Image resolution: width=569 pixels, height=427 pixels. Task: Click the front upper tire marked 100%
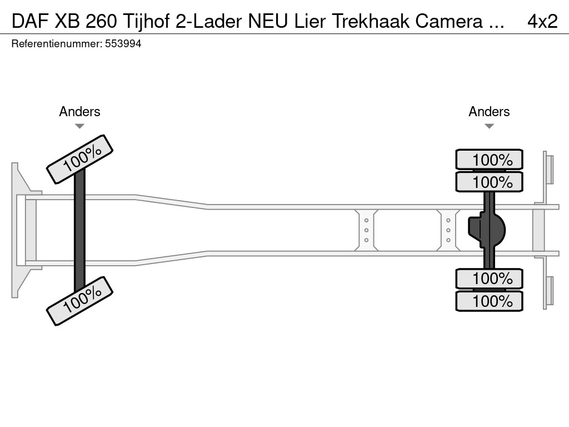click(x=79, y=159)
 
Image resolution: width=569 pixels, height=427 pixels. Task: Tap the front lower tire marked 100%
click(x=79, y=300)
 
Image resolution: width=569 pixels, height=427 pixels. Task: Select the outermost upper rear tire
click(x=489, y=160)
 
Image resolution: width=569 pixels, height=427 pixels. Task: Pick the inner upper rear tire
click(x=489, y=182)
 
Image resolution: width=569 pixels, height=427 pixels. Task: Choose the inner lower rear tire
click(x=489, y=278)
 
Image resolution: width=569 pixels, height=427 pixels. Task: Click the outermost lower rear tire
click(x=489, y=301)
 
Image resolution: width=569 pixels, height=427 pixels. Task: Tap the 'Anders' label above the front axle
click(x=79, y=112)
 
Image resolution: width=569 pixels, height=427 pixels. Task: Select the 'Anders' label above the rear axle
click(x=489, y=112)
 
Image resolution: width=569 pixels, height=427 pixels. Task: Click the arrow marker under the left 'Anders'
click(x=79, y=126)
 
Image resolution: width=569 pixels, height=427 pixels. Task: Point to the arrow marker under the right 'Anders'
click(x=489, y=126)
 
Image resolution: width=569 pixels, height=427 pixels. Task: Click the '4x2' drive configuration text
click(x=542, y=21)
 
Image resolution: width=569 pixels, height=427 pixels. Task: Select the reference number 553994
click(x=123, y=44)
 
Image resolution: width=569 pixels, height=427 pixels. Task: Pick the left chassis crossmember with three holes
click(x=366, y=230)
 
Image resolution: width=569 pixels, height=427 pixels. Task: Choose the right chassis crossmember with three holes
click(x=448, y=230)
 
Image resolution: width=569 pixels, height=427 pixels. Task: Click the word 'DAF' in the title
click(x=29, y=21)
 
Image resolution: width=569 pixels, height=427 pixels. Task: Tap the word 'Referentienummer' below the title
click(x=56, y=44)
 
